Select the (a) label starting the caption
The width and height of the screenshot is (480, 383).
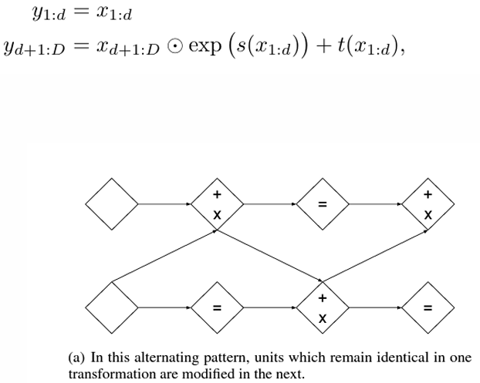tap(77, 358)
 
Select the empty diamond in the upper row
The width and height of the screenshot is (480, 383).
tap(112, 205)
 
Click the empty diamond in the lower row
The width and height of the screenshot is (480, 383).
tap(112, 307)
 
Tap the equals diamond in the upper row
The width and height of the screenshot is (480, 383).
tap(323, 205)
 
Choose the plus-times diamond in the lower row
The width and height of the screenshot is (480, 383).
tap(323, 307)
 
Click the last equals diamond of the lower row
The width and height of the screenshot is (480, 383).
tap(428, 307)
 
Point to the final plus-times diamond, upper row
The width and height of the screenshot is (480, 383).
tap(428, 205)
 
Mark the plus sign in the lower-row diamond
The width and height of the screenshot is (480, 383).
tap(323, 297)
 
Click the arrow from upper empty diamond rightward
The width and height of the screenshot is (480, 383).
tap(165, 205)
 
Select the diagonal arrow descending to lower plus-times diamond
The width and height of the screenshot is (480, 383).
tap(270, 257)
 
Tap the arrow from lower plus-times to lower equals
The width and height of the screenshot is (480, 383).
tap(375, 307)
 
